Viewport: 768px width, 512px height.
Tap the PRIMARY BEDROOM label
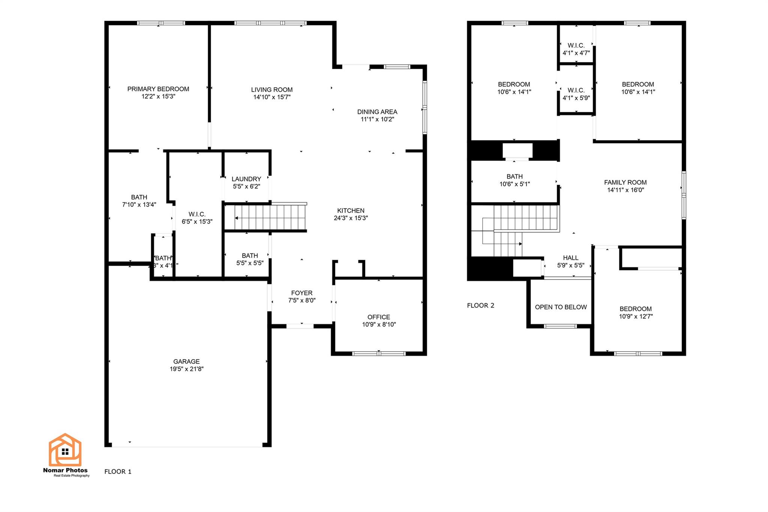(x=158, y=89)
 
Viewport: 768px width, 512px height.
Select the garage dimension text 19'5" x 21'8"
(x=186, y=369)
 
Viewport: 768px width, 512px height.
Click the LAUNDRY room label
(x=246, y=179)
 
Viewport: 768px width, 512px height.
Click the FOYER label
(x=301, y=293)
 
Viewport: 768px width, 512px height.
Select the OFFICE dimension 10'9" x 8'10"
(x=379, y=324)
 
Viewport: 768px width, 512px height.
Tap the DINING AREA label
(x=377, y=112)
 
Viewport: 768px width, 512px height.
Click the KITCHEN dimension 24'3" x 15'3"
(x=351, y=218)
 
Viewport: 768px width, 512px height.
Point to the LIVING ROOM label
(x=271, y=90)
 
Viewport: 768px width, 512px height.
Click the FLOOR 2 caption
(x=480, y=305)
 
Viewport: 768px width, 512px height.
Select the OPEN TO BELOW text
(x=561, y=307)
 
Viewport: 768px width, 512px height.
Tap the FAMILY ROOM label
(x=625, y=182)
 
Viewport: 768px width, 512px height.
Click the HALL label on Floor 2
(x=570, y=258)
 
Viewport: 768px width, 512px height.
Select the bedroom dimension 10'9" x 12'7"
(x=636, y=316)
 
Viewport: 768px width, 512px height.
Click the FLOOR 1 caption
(x=118, y=471)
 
